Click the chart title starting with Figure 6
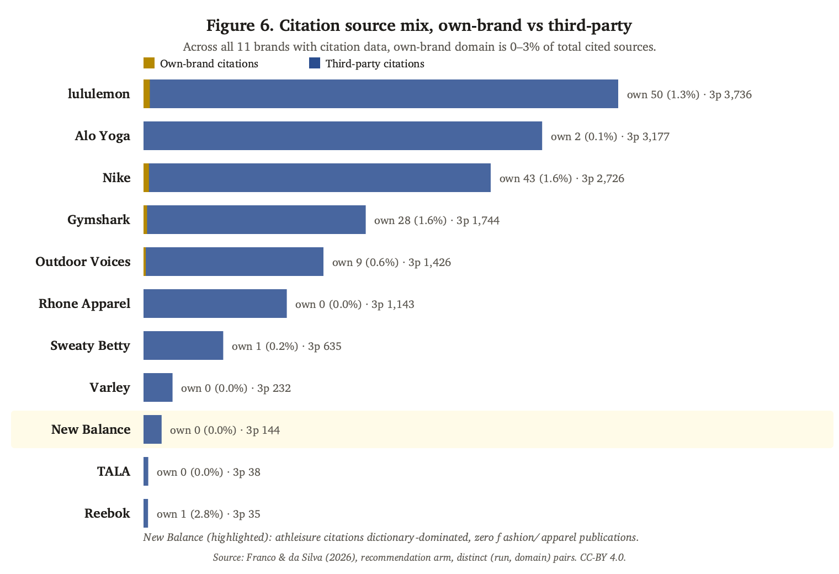[419, 25]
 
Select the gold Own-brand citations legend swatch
[149, 63]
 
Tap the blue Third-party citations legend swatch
[315, 63]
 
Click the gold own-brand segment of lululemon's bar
[147, 94]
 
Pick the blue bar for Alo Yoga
[343, 136]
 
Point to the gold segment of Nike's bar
[146, 178]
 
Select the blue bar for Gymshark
[256, 220]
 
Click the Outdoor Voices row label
[83, 262]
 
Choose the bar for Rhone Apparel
[215, 304]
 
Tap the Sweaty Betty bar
[183, 345]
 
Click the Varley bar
[158, 387]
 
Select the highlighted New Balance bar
[152, 429]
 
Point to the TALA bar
[146, 471]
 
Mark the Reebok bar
[146, 513]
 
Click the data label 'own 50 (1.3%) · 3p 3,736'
[689, 94]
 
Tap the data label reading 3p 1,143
[392, 304]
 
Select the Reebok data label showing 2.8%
[208, 514]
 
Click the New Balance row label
[91, 429]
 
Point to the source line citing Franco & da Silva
[419, 557]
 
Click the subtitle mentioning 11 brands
[419, 47]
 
